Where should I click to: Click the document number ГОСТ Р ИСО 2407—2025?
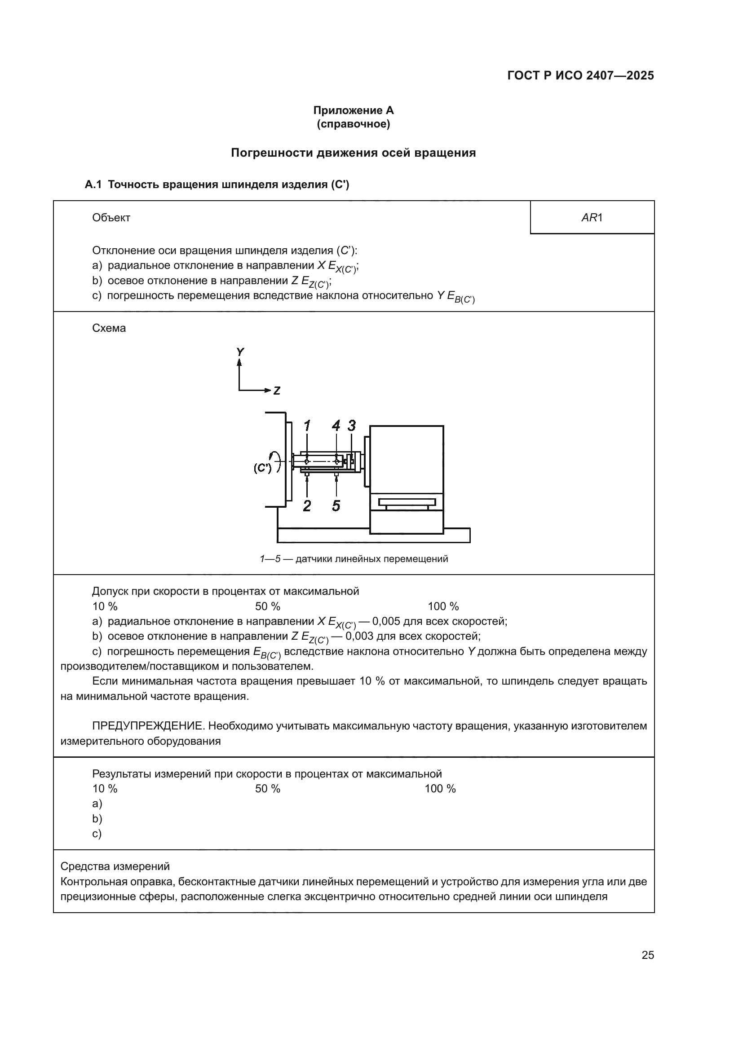click(x=580, y=75)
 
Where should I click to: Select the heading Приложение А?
click(x=353, y=110)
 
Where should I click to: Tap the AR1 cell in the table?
click(x=592, y=218)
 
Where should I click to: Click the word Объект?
click(x=111, y=218)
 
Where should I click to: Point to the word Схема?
click(x=109, y=328)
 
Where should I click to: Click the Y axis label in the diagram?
click(x=240, y=351)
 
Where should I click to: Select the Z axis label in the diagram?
click(x=277, y=391)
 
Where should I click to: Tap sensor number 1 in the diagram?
click(x=307, y=426)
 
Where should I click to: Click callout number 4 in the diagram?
click(x=336, y=426)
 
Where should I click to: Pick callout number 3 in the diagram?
click(x=351, y=426)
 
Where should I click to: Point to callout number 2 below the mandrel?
click(x=307, y=506)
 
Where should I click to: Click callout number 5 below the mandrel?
click(x=336, y=506)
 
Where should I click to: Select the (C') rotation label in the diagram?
click(x=263, y=468)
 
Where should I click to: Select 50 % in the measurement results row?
click(x=268, y=788)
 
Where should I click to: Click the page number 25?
click(x=647, y=955)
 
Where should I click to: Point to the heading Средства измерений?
click(x=115, y=866)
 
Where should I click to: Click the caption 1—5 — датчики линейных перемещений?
click(x=354, y=559)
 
